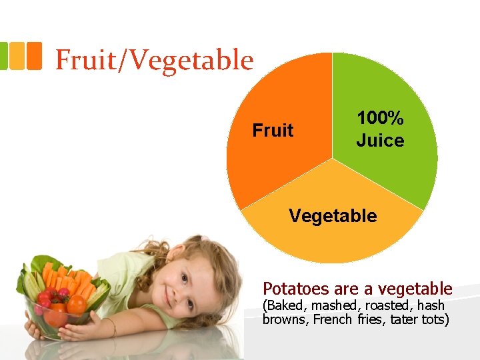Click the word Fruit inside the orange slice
click(273, 131)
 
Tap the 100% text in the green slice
click(380, 119)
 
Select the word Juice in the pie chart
click(380, 141)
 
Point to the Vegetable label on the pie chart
click(332, 216)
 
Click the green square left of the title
click(3, 56)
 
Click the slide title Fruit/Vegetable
click(154, 60)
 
